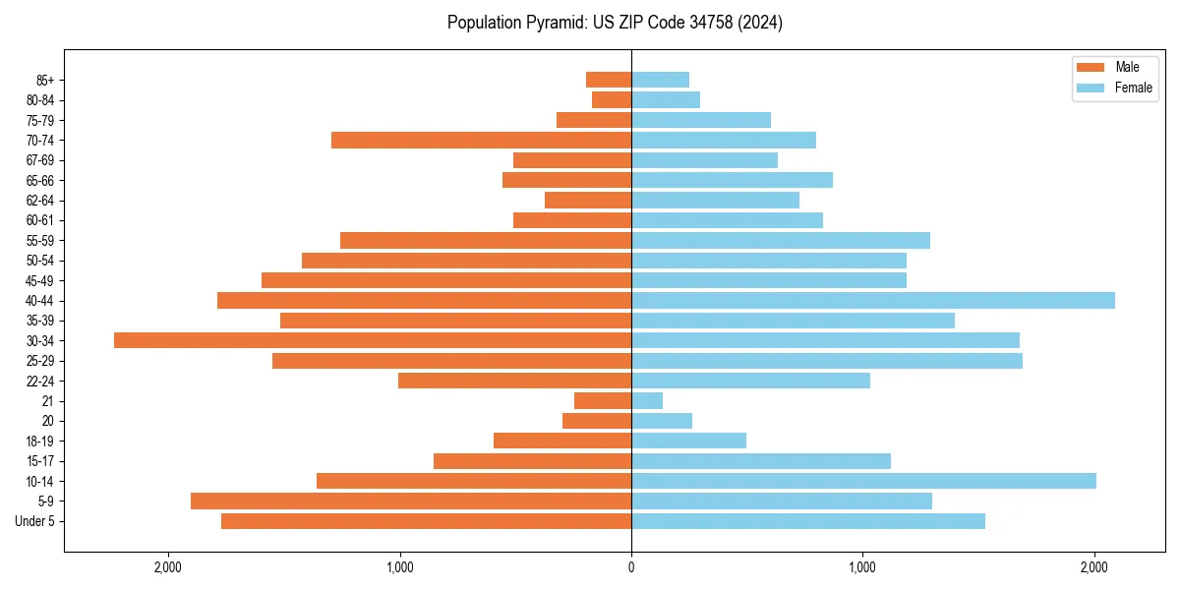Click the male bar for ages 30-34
click(x=373, y=340)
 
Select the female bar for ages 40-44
click(x=873, y=300)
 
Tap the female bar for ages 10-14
click(x=863, y=481)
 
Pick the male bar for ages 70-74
click(x=481, y=140)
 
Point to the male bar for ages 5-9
click(x=411, y=501)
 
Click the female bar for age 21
click(x=647, y=400)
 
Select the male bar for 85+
click(x=609, y=80)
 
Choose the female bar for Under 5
click(x=808, y=521)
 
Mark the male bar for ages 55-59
click(x=486, y=240)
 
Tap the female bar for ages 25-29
click(x=827, y=361)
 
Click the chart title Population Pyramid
click(x=615, y=23)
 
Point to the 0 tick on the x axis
click(x=631, y=566)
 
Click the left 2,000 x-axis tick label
click(x=168, y=566)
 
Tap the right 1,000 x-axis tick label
click(x=862, y=566)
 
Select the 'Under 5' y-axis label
click(x=35, y=521)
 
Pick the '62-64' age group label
click(x=40, y=200)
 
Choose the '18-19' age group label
click(x=40, y=441)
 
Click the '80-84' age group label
click(x=40, y=99)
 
